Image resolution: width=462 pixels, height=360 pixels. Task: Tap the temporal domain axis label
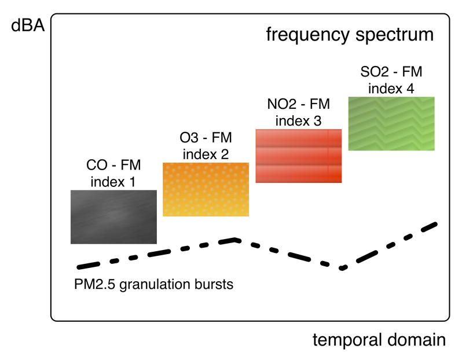(379, 340)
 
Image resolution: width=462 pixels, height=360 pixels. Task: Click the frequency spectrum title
(350, 35)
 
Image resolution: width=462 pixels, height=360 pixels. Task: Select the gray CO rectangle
(113, 216)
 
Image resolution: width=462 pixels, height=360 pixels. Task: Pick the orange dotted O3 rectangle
(206, 189)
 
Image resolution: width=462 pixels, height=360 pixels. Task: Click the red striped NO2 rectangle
(299, 156)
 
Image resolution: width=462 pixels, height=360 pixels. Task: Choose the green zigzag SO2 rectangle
(391, 123)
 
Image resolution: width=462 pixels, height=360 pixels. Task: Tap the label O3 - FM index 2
(206, 146)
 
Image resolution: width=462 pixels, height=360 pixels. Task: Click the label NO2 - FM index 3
(299, 113)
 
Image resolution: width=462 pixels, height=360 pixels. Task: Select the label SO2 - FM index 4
(391, 80)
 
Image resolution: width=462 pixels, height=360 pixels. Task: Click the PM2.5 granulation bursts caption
(153, 285)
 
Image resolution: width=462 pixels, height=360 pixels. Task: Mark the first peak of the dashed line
(235, 238)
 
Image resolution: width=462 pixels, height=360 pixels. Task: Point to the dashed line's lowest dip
(343, 268)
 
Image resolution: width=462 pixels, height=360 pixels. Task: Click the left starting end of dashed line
(79, 267)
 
